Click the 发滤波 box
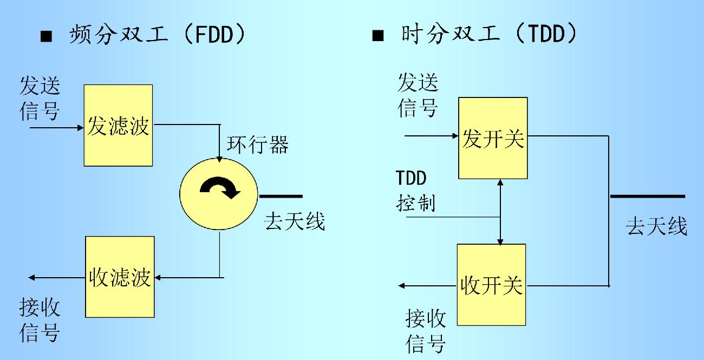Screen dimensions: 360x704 click(119, 125)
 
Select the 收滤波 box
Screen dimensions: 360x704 click(119, 277)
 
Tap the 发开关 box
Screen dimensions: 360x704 click(492, 138)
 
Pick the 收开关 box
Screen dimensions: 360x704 click(491, 284)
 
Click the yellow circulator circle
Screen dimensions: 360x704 click(219, 195)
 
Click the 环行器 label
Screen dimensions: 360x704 click(257, 145)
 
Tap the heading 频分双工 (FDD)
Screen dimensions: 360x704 click(157, 36)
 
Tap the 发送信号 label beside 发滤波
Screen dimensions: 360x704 click(40, 98)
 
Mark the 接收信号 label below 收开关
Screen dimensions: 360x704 click(426, 330)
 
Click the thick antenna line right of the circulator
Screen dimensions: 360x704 click(281, 195)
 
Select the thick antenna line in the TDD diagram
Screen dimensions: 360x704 click(647, 197)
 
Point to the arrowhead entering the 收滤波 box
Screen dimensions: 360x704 click(159, 278)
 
